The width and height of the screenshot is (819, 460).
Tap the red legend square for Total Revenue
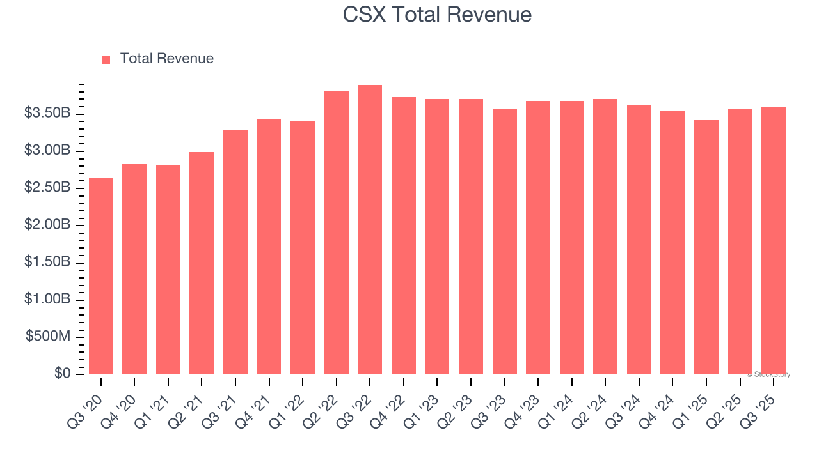tap(106, 59)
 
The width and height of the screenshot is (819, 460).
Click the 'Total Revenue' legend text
tap(166, 59)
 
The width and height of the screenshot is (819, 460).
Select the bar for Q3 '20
tap(101, 276)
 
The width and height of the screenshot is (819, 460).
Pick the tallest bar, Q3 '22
tap(370, 230)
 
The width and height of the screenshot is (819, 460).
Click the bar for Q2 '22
tap(337, 233)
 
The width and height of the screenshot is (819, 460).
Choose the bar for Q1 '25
tap(706, 247)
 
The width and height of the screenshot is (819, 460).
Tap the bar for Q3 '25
tap(774, 241)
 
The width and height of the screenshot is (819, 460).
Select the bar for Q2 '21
tap(202, 263)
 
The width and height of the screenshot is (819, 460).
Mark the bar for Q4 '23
tap(538, 238)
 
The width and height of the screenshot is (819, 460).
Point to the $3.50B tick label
tap(47, 114)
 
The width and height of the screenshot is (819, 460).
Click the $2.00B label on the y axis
tap(47, 226)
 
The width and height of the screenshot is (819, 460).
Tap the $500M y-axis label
tap(48, 337)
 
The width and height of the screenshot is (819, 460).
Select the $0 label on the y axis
tap(62, 374)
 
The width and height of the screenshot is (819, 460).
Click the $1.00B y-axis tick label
tap(47, 300)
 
